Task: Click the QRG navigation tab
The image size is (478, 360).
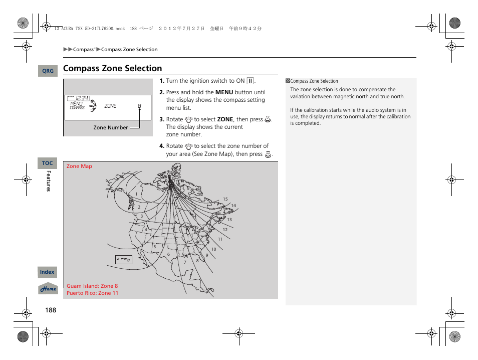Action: click(x=48, y=71)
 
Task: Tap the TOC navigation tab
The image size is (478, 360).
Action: click(x=47, y=163)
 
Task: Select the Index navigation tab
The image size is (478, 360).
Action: click(x=47, y=272)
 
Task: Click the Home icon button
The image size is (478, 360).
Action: click(x=48, y=289)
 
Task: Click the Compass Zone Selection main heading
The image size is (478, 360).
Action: click(x=113, y=68)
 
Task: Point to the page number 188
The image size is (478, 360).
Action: click(x=50, y=310)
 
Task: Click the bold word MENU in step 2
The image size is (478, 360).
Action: click(x=224, y=92)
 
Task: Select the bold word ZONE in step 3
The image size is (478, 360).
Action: click(x=225, y=119)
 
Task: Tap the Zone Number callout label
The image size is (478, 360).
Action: click(x=110, y=127)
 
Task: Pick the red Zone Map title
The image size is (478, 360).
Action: click(x=79, y=166)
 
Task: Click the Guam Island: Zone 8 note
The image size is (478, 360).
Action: click(x=92, y=286)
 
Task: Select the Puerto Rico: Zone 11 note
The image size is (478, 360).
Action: click(x=92, y=293)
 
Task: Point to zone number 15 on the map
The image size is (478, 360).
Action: click(x=225, y=199)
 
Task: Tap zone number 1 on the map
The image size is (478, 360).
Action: click(x=136, y=194)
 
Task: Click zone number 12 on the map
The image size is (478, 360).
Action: click(x=225, y=230)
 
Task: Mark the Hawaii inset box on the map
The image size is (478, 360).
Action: click(x=123, y=259)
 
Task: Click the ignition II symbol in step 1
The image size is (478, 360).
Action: click(x=250, y=81)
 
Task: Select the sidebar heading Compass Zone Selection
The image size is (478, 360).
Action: click(x=314, y=81)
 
